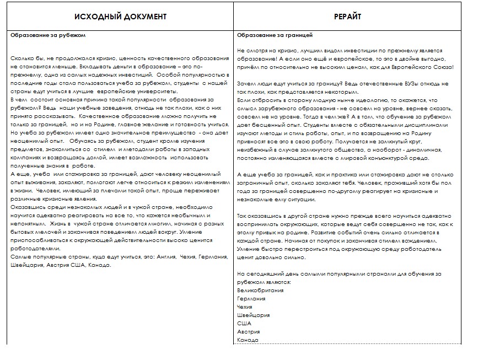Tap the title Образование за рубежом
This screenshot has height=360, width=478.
[49, 36]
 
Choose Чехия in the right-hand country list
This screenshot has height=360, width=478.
[245, 307]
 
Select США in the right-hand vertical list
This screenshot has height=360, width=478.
[244, 323]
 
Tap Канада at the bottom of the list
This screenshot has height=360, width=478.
[247, 340]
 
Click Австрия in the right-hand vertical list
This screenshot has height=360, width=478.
[248, 331]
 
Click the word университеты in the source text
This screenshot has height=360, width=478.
[153, 91]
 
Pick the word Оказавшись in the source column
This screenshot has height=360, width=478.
[28, 207]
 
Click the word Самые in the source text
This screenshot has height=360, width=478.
[21, 257]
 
